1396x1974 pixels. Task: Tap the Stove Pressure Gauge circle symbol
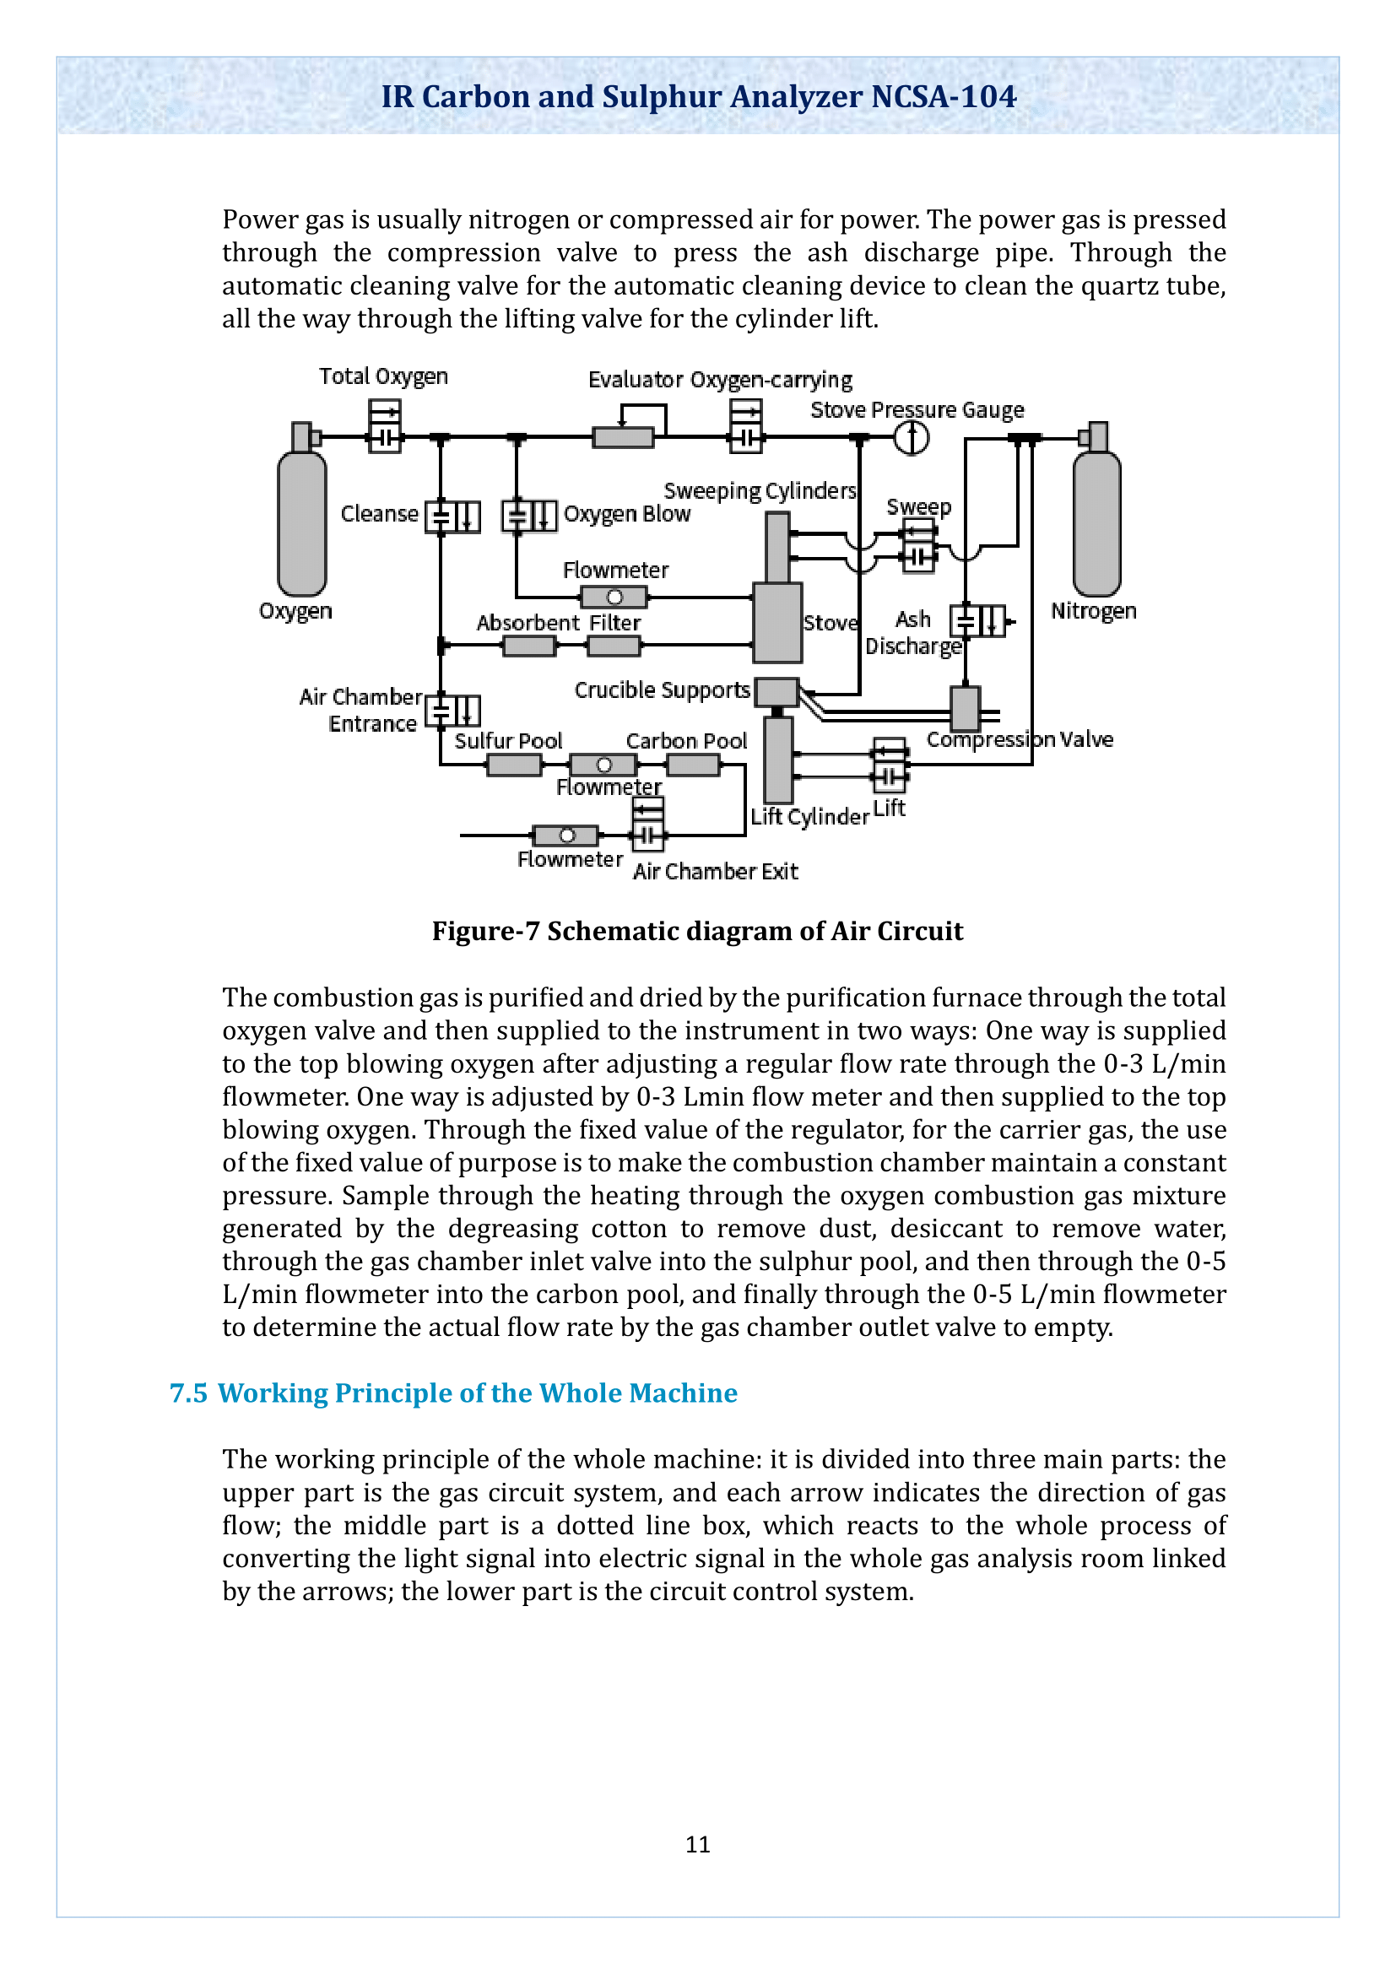click(x=912, y=438)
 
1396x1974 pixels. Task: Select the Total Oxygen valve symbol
click(x=384, y=426)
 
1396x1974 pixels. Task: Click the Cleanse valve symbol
click(x=453, y=516)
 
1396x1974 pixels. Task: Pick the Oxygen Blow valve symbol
click(x=529, y=516)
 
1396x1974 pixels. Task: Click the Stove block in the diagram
click(x=778, y=623)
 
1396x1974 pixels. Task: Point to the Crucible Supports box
click(x=777, y=692)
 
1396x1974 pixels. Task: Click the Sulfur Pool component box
click(x=514, y=765)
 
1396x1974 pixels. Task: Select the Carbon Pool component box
click(x=694, y=765)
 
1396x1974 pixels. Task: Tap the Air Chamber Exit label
click(x=715, y=872)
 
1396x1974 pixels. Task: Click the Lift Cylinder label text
click(x=809, y=817)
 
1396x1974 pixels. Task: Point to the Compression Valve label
click(x=1020, y=740)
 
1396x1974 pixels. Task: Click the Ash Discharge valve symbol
click(x=977, y=621)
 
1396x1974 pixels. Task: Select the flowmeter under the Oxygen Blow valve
click(x=614, y=597)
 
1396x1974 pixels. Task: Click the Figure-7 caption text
click(x=697, y=931)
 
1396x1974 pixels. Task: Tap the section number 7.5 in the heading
click(x=188, y=1393)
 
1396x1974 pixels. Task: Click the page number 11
click(x=697, y=1844)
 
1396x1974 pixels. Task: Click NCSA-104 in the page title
click(x=943, y=96)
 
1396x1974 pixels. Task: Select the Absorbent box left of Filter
click(x=528, y=646)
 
